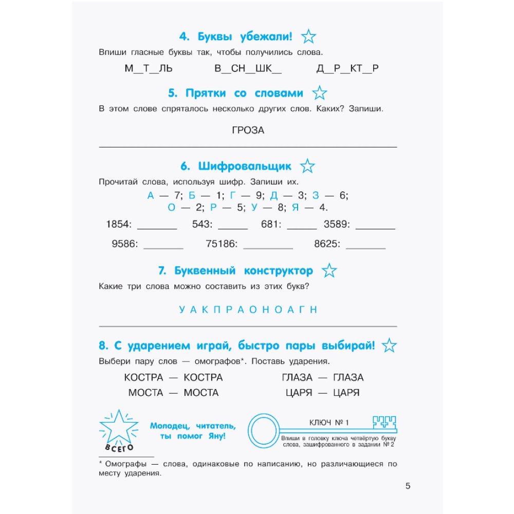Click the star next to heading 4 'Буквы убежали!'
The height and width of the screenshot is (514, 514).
click(x=308, y=36)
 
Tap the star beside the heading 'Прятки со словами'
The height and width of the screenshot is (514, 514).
click(x=320, y=94)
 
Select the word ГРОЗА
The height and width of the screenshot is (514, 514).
click(x=248, y=131)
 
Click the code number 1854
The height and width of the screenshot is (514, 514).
click(x=119, y=224)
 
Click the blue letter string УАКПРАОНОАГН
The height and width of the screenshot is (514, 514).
click(x=248, y=309)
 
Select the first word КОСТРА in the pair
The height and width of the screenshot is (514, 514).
click(x=143, y=377)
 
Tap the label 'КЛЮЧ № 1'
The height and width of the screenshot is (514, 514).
click(x=329, y=423)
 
